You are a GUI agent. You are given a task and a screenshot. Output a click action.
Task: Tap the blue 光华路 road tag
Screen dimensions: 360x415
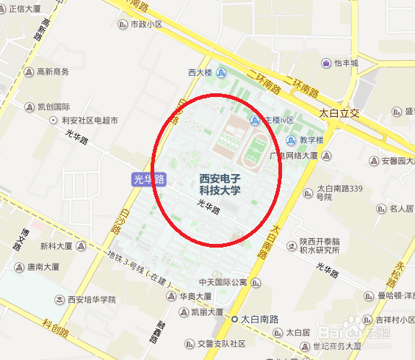point(149,179)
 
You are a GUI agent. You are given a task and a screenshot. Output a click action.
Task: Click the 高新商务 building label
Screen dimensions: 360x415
point(52,71)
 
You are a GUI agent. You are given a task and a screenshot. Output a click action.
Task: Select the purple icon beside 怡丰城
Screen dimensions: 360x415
point(325,63)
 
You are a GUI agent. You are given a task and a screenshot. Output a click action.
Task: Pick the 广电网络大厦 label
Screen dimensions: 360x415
point(293,156)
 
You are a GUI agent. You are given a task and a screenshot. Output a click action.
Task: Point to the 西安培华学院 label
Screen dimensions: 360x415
point(92,300)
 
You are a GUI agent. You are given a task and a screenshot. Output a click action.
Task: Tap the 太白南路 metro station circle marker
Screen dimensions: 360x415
point(234,320)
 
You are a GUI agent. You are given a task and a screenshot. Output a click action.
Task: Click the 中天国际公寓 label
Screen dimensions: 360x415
point(223,282)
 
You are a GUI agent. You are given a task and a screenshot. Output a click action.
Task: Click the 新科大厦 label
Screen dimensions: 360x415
point(61,246)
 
